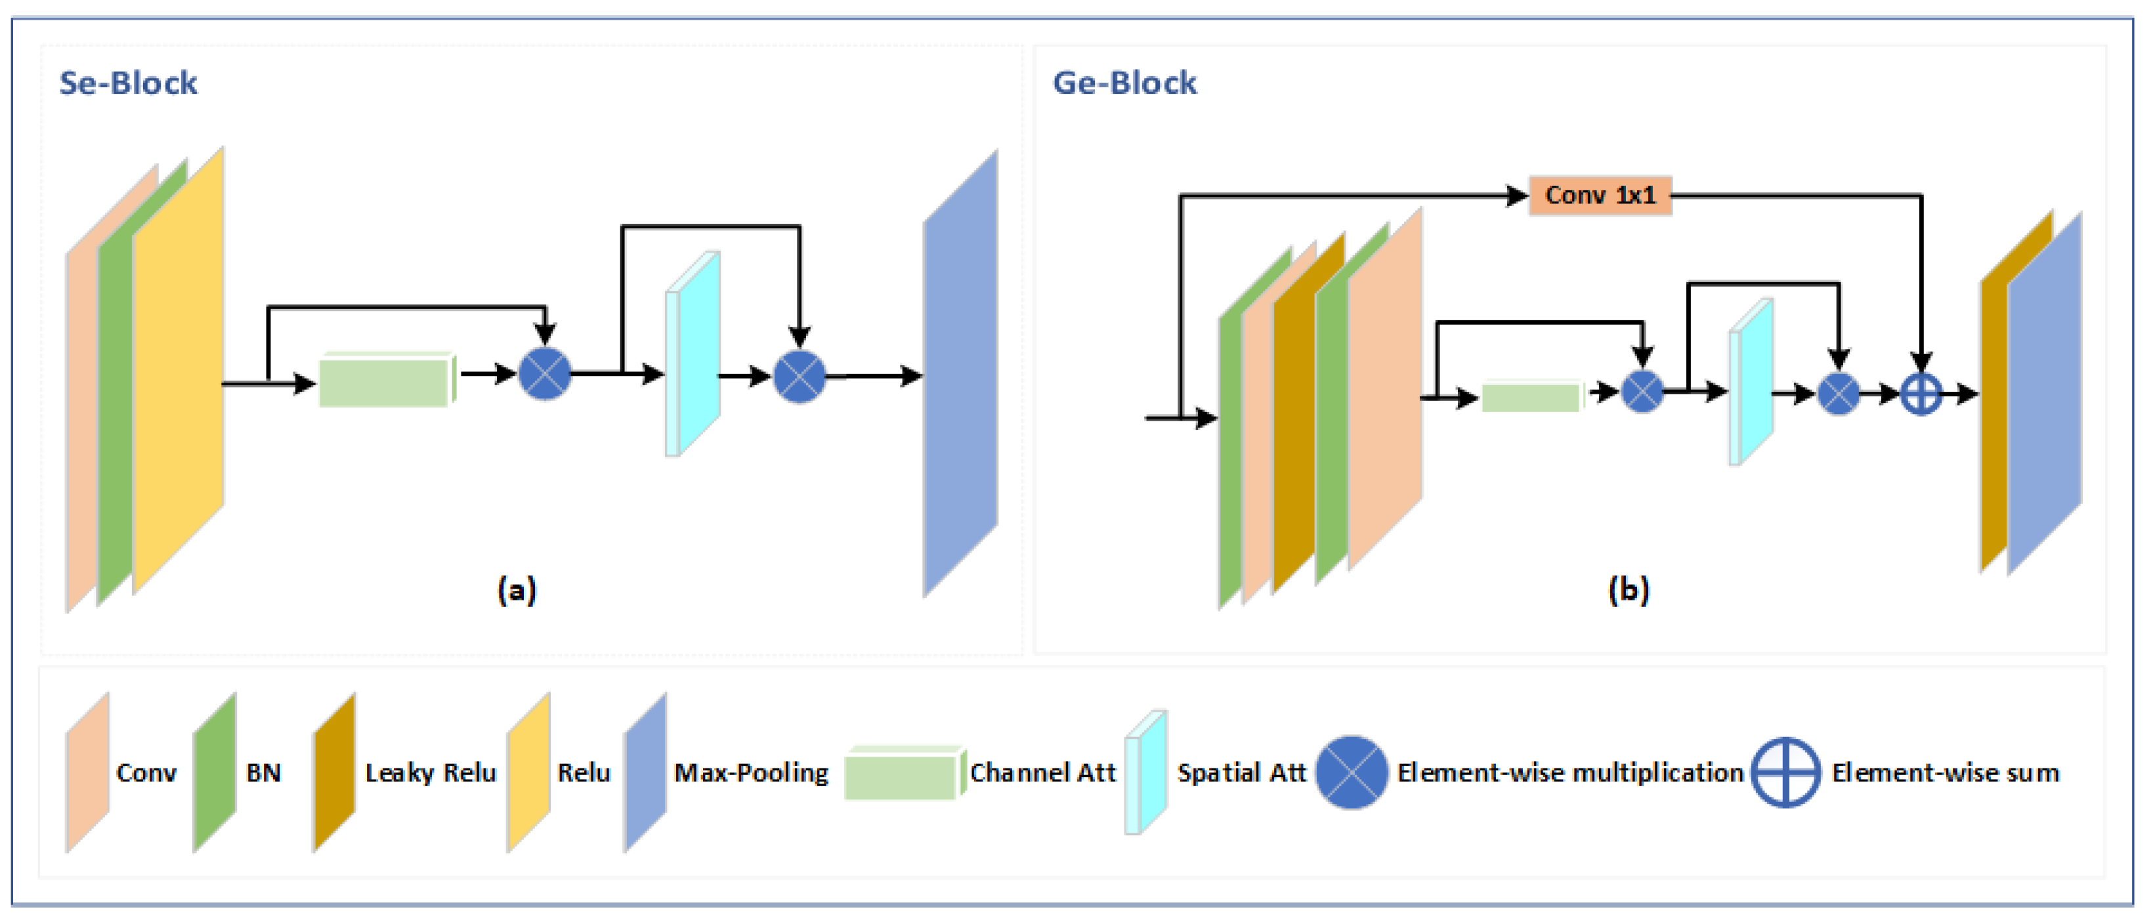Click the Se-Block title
(x=128, y=83)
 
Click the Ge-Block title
(x=1124, y=83)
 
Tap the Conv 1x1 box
(x=1600, y=196)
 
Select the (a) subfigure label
(x=517, y=590)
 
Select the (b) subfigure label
(x=1628, y=590)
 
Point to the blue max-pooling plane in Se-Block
(x=960, y=373)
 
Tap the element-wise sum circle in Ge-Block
(x=1921, y=393)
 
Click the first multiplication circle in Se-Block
(x=545, y=373)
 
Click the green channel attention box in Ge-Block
(x=1533, y=396)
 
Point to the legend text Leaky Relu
(x=431, y=772)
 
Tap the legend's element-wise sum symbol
(x=1785, y=772)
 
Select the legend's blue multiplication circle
(x=1352, y=772)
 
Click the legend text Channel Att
(x=1043, y=772)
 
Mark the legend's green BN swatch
(x=215, y=772)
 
